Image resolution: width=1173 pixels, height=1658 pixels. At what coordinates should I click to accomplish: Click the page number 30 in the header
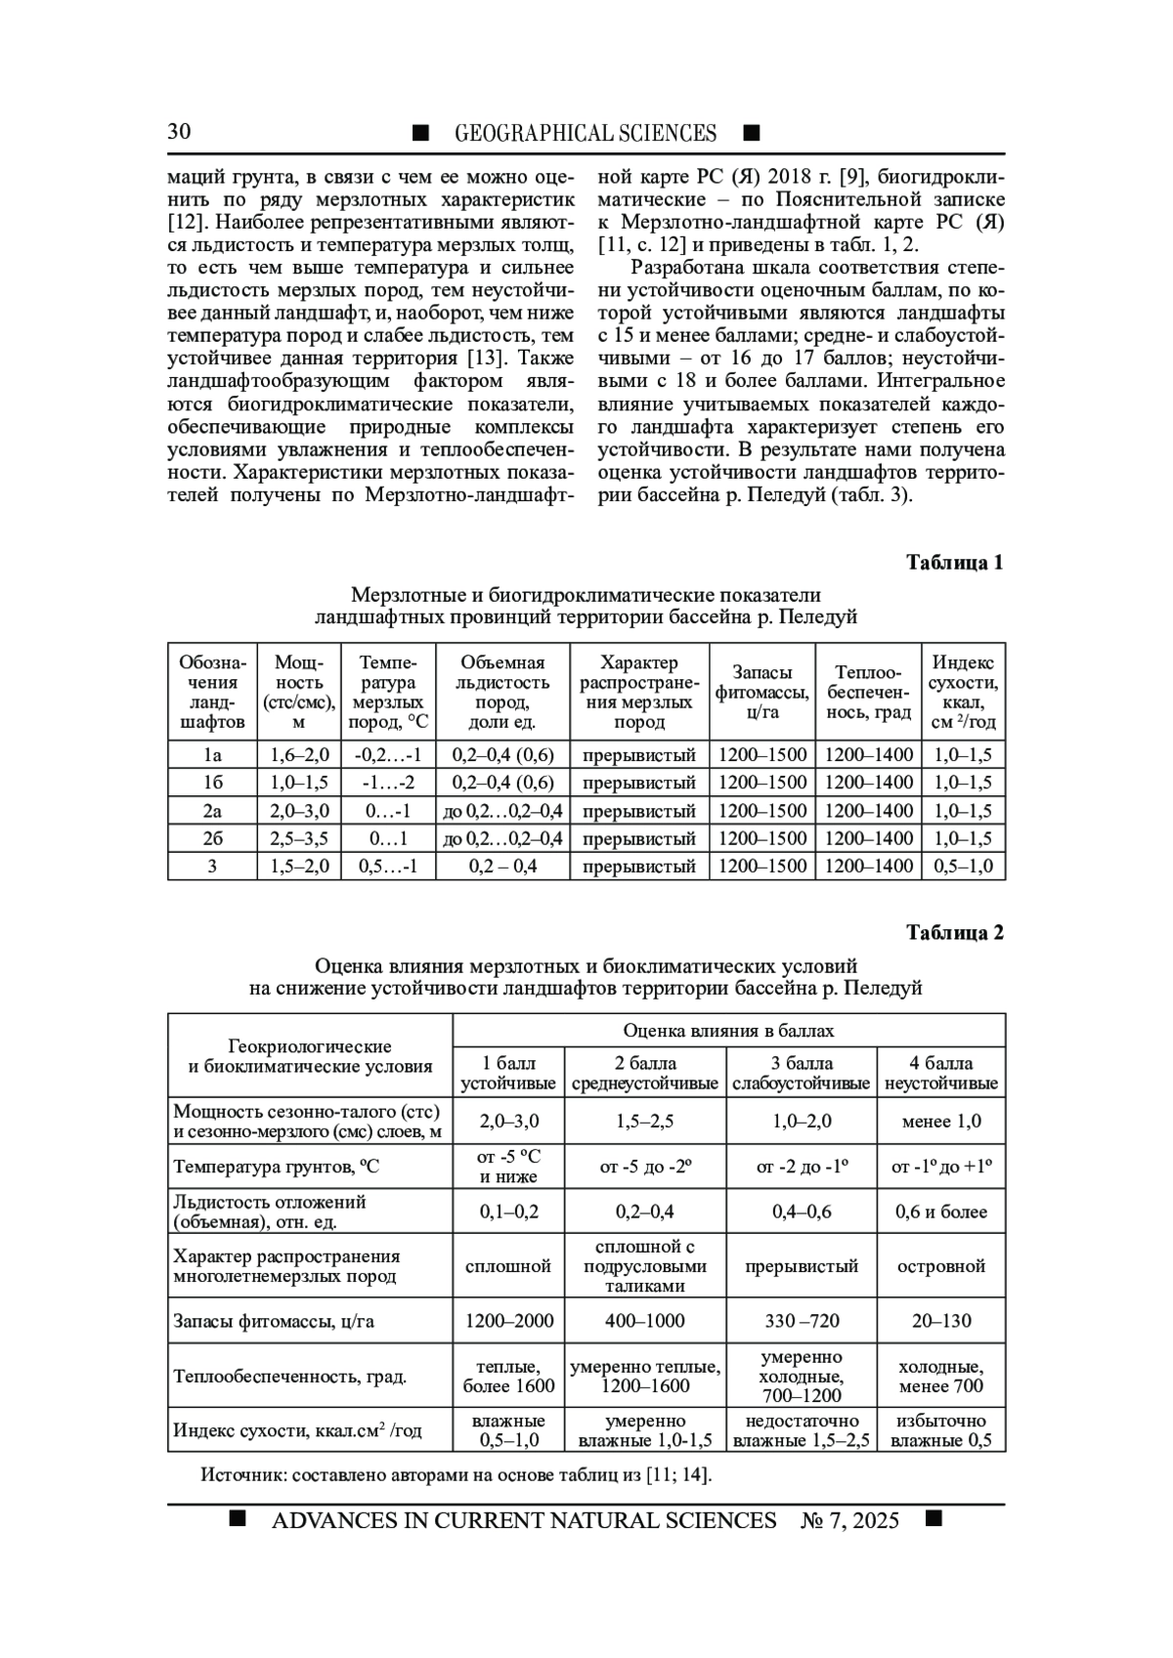pyautogui.click(x=179, y=132)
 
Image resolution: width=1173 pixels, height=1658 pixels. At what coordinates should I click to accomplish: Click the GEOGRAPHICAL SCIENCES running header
pyautogui.click(x=585, y=133)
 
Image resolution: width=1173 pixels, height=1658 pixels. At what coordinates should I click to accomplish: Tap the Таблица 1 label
pyautogui.click(x=954, y=563)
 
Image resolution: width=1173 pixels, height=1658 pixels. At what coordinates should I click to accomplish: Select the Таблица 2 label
pyautogui.click(x=954, y=933)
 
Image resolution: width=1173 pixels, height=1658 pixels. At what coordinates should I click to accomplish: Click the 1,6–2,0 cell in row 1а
pyautogui.click(x=299, y=755)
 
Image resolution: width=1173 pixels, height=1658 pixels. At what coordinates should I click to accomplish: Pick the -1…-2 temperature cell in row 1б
pyautogui.click(x=388, y=783)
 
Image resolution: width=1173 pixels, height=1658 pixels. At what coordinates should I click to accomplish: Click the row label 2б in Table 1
pyautogui.click(x=212, y=838)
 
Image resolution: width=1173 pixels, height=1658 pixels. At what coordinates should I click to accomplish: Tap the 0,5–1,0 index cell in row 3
pyautogui.click(x=963, y=866)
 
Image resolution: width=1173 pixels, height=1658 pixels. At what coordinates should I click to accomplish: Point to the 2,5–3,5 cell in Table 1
pyautogui.click(x=299, y=838)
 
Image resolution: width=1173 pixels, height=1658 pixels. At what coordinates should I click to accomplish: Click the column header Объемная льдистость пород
pyautogui.click(x=502, y=693)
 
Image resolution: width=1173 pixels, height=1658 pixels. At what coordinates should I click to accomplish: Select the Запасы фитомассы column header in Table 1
pyautogui.click(x=761, y=692)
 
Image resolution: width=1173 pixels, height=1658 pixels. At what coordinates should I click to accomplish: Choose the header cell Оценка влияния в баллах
pyautogui.click(x=728, y=1031)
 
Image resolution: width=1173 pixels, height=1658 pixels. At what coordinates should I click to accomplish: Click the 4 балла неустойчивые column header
pyautogui.click(x=941, y=1073)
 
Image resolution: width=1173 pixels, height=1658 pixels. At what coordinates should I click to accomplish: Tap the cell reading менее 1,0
pyautogui.click(x=941, y=1122)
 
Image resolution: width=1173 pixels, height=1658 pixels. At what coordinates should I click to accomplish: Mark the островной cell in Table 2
pyautogui.click(x=941, y=1266)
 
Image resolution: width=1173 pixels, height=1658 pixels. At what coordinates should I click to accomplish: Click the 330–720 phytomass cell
pyautogui.click(x=802, y=1321)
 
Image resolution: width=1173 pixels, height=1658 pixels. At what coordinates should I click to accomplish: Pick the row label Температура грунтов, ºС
pyautogui.click(x=277, y=1167)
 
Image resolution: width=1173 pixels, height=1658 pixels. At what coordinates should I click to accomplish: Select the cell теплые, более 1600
pyautogui.click(x=508, y=1377)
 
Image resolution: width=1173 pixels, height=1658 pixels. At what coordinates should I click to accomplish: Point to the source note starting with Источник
pyautogui.click(x=456, y=1474)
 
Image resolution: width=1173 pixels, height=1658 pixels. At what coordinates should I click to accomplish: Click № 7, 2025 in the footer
pyautogui.click(x=849, y=1520)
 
